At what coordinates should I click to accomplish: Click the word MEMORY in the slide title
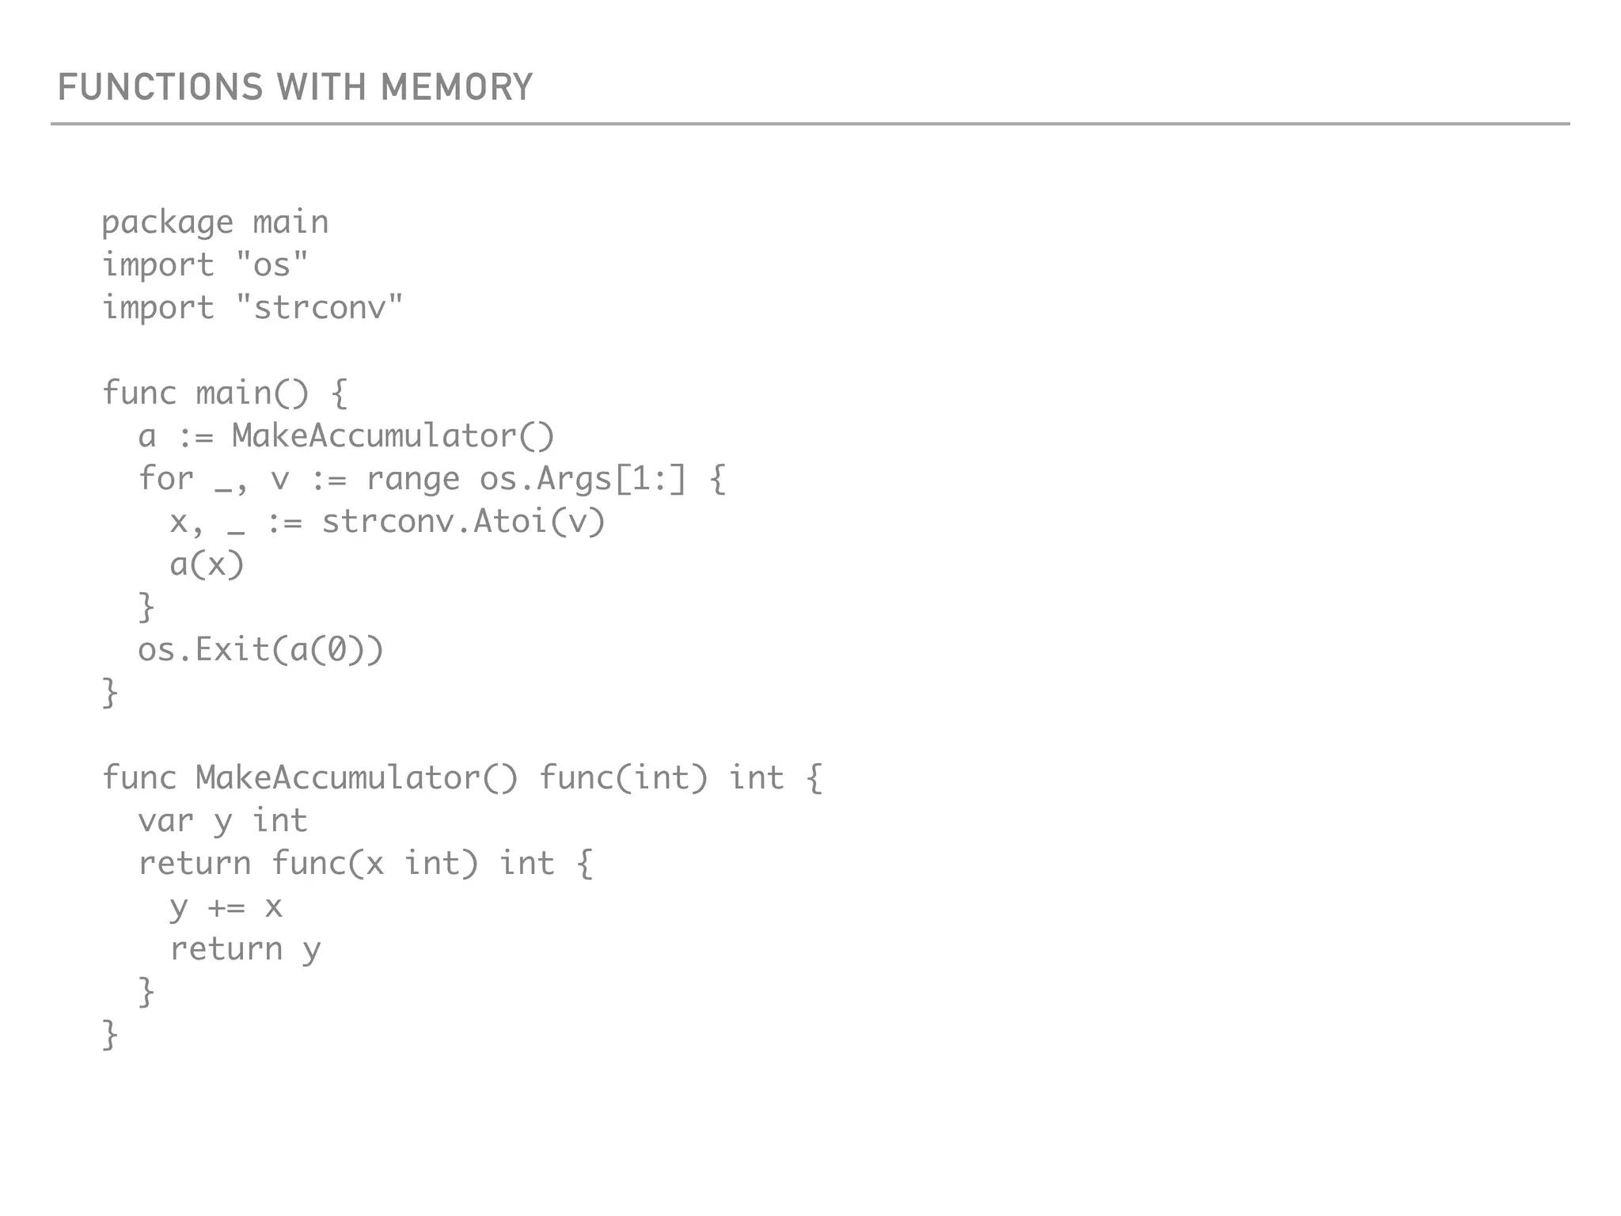[457, 87]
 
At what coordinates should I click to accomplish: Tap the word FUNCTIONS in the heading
[160, 87]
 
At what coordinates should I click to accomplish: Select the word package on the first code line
[168, 222]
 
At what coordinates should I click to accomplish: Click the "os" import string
[272, 265]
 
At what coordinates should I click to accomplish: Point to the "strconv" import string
[320, 308]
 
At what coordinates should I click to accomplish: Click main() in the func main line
[252, 393]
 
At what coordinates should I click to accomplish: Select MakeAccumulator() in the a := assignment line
[393, 436]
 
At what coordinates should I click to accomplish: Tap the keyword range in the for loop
[412, 479]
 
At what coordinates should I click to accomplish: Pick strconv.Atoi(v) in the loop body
[463, 522]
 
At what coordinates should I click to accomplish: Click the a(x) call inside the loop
[207, 564]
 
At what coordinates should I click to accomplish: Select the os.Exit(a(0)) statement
[260, 650]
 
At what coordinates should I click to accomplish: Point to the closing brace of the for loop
[146, 607]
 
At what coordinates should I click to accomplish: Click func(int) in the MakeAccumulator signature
[623, 778]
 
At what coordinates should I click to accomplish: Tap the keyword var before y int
[165, 821]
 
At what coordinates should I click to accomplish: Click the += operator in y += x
[226, 906]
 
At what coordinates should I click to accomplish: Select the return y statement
[245, 949]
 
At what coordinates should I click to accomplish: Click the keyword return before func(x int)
[195, 864]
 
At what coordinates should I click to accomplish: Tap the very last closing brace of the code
[110, 1035]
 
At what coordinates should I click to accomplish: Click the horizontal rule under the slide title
[810, 124]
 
